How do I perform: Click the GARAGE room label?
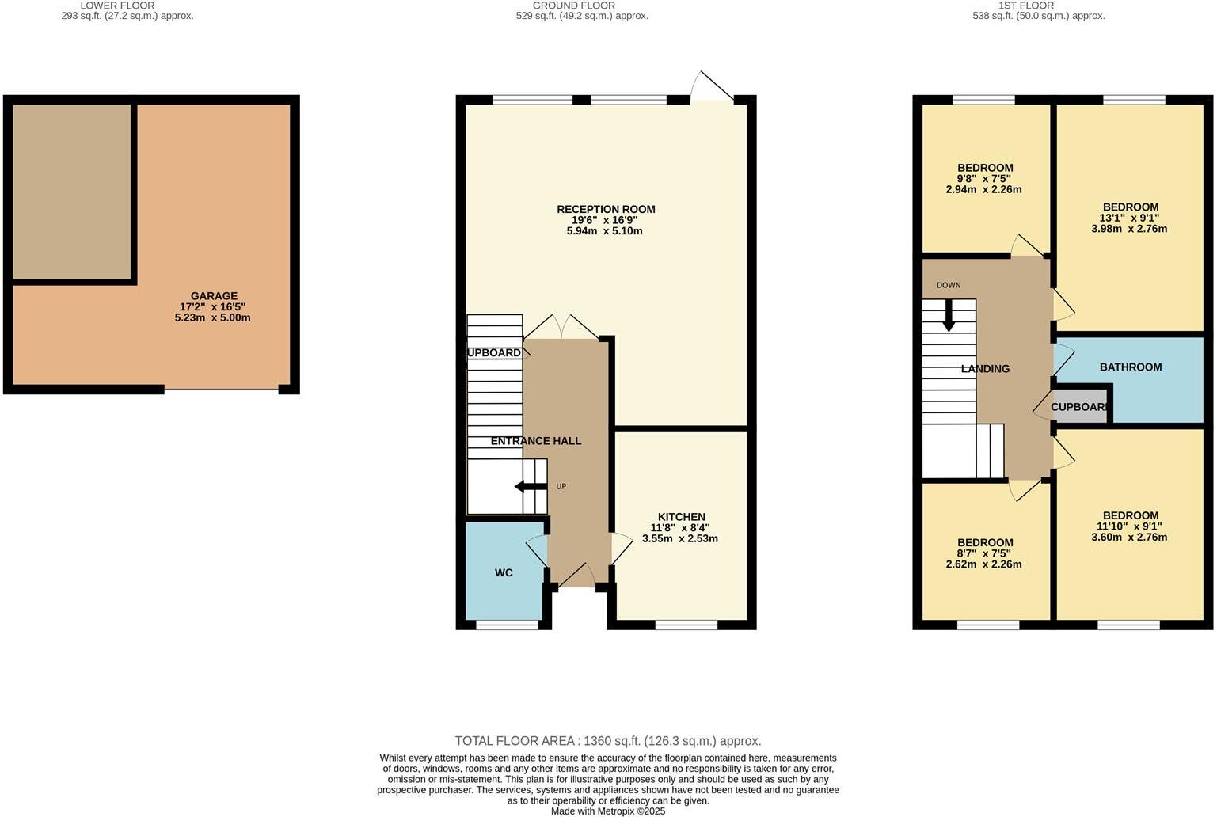tap(213, 296)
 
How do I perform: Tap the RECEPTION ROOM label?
tap(606, 209)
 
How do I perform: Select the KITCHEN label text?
tap(681, 517)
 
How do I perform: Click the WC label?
tap(504, 572)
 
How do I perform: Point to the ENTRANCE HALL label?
tap(536, 441)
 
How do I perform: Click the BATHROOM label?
tap(1131, 367)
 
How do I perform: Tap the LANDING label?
tap(985, 368)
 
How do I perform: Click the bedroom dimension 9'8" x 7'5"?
tap(984, 179)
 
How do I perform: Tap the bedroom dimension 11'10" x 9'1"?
tap(1129, 526)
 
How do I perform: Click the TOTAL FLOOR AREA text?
tap(607, 741)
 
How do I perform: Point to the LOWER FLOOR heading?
tap(117, 6)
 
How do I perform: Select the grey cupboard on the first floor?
tap(1079, 407)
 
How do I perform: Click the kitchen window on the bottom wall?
tap(686, 625)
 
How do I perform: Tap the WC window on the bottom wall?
tap(507, 625)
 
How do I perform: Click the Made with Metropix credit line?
tap(607, 811)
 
